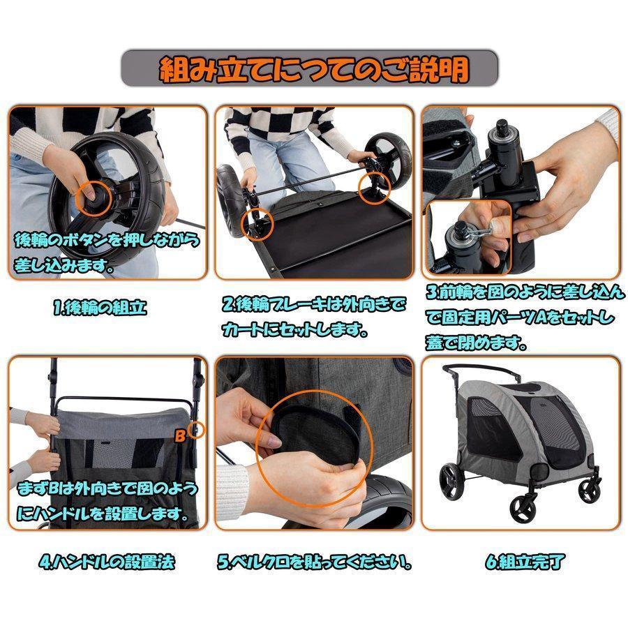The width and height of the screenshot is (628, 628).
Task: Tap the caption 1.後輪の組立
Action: tap(100, 308)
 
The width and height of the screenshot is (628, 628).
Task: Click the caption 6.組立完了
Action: tap(522, 562)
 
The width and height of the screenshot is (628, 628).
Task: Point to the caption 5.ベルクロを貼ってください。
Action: tap(313, 562)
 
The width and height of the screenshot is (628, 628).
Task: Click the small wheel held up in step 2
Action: tap(387, 152)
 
